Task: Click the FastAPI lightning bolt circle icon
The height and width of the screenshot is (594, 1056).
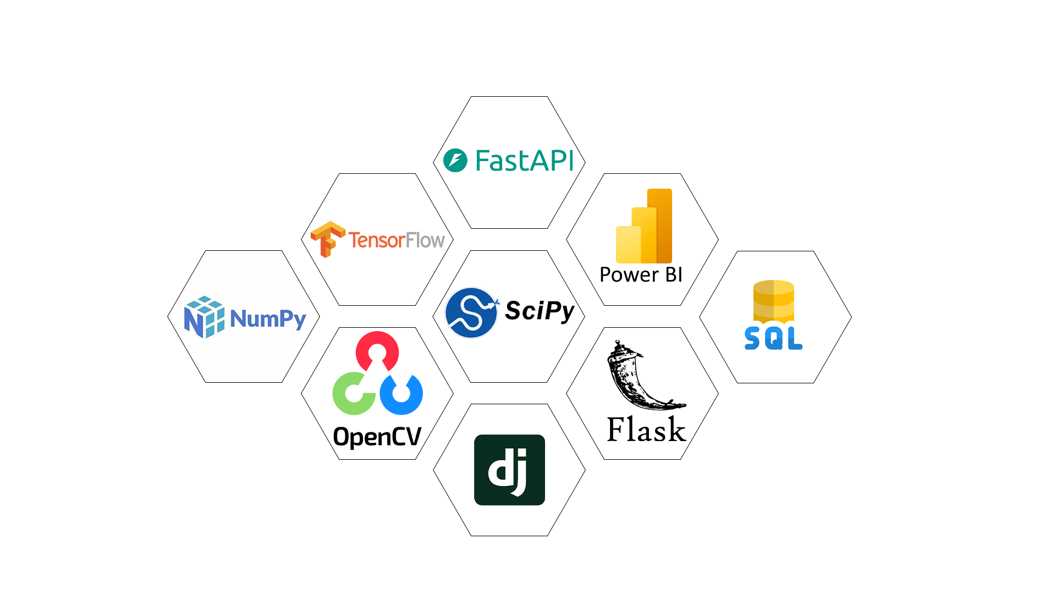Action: [x=455, y=161]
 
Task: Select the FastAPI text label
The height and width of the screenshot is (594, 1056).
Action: [x=524, y=161]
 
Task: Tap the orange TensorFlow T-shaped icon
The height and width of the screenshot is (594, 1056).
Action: [x=328, y=239]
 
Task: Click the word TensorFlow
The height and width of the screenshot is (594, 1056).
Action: [x=396, y=240]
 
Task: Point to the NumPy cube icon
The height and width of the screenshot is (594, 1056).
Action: [x=204, y=317]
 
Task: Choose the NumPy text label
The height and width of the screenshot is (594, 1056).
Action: [x=268, y=318]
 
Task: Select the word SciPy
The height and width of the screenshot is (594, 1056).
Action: [x=540, y=311]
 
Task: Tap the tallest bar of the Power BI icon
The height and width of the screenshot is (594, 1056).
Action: [x=659, y=226]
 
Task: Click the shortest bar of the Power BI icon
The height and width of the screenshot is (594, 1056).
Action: [x=629, y=245]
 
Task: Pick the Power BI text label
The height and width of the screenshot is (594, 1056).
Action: [x=641, y=274]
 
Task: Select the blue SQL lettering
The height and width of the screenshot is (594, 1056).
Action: [x=773, y=338]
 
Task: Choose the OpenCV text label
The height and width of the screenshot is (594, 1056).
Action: [x=377, y=437]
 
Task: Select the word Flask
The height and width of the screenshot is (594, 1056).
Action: [x=646, y=430]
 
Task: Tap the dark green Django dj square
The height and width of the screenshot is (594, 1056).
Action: [x=509, y=470]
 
